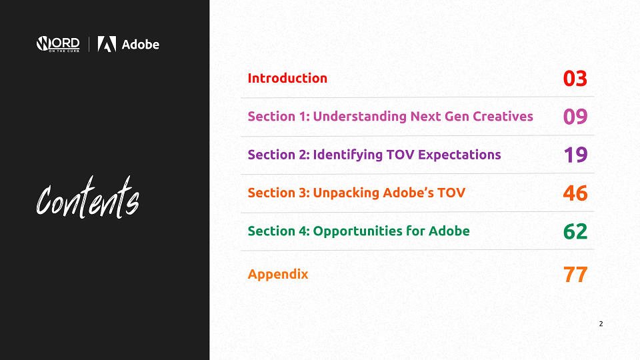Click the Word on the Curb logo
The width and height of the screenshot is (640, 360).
58,44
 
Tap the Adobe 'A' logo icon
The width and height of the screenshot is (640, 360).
107,44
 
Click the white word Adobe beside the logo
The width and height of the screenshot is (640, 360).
141,44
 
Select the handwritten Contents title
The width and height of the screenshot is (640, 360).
88,197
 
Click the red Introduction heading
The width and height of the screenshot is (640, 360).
287,78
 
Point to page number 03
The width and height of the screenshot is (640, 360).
575,79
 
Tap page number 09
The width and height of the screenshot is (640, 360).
575,116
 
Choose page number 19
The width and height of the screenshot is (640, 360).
575,155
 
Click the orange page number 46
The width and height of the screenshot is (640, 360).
575,193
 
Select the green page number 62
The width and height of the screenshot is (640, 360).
575,231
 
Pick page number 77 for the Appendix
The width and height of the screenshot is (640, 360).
575,274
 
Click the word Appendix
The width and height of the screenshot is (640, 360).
278,274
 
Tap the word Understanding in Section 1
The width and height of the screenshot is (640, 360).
359,117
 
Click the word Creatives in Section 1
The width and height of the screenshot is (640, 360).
503,116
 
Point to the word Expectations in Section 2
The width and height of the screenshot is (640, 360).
459,155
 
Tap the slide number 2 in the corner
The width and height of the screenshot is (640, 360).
601,324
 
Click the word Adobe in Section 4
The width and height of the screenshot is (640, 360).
449,231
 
